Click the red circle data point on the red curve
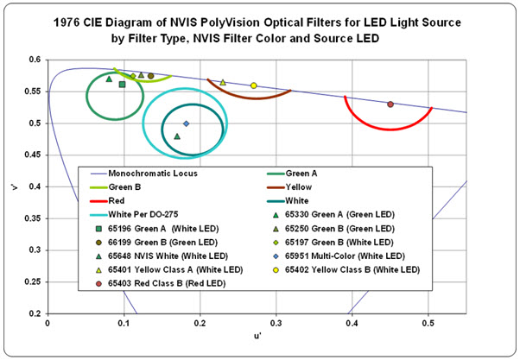click(x=390, y=104)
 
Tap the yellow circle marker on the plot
click(x=253, y=85)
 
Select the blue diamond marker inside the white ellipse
click(x=186, y=123)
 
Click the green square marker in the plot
click(x=122, y=84)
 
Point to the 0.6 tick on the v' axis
click(x=36, y=60)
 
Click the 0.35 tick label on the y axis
click(x=34, y=218)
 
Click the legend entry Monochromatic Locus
click(x=148, y=174)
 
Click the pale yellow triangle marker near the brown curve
click(x=223, y=83)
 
